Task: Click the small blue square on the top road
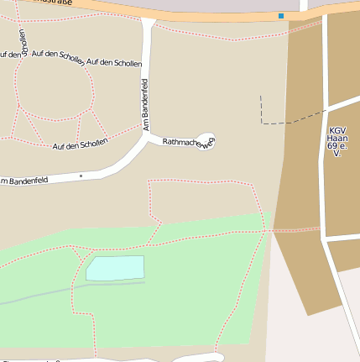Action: point(281,15)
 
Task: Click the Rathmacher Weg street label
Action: point(189,142)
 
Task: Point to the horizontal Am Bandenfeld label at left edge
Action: point(24,180)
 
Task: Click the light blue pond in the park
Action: point(115,268)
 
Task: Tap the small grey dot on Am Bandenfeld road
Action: point(81,176)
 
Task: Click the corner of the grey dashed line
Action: point(263,123)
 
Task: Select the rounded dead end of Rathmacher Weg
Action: point(206,137)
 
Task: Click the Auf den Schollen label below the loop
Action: point(80,145)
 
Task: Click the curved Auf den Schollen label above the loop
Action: point(58,59)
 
